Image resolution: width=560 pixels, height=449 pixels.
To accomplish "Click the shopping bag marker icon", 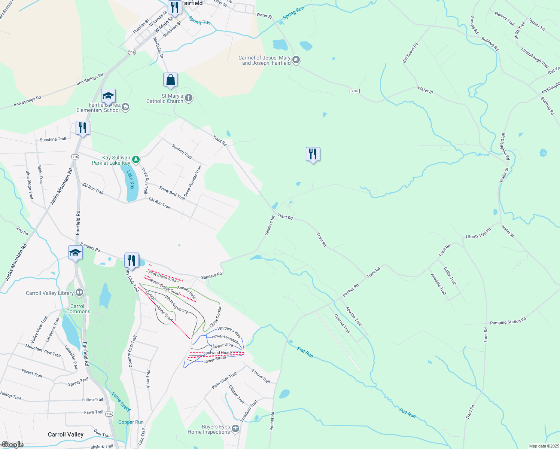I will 170,80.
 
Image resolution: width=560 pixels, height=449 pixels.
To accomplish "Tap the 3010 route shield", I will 354,91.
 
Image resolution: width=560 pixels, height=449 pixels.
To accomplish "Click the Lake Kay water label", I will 130,180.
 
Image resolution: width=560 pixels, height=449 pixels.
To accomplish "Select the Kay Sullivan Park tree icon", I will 136,160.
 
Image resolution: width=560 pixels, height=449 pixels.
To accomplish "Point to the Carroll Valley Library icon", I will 79,293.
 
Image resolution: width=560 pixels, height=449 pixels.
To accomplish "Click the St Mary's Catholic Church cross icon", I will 189,98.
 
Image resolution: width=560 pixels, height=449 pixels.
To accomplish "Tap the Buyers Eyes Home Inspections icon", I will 235,429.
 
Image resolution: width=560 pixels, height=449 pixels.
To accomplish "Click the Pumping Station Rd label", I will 508,321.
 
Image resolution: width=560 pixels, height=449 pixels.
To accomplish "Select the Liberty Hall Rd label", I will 478,234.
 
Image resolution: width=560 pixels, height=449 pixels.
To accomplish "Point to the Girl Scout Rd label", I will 410,53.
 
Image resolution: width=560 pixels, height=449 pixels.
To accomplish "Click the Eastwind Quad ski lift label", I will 217,352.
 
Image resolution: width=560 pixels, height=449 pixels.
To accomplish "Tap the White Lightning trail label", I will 176,305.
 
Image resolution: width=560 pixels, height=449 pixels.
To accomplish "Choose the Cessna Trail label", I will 342,324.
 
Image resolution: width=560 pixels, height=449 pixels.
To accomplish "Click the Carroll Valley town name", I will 66,434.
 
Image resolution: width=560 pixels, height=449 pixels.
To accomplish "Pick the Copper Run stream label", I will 131,422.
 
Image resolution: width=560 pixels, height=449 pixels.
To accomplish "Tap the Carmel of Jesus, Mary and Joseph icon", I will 296,60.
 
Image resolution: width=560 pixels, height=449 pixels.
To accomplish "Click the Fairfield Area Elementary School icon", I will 125,107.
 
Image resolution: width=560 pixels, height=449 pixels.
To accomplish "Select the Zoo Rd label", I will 22,231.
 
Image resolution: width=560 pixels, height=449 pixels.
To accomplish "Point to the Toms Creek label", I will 121,401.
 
